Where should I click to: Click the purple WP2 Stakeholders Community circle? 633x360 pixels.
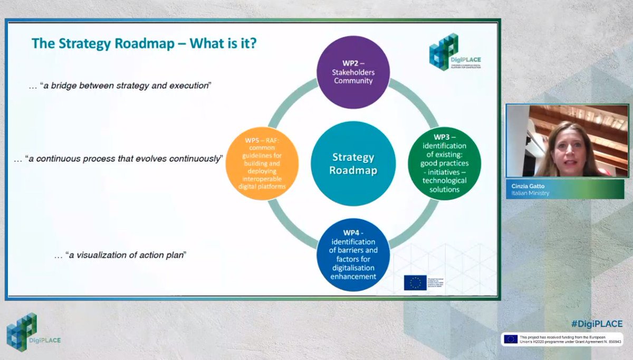coord(353,72)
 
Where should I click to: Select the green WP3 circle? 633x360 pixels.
coord(444,163)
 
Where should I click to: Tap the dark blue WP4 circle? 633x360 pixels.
coord(353,254)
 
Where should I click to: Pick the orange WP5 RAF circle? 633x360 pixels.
coord(262,164)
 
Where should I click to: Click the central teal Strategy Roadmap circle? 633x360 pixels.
coord(353,164)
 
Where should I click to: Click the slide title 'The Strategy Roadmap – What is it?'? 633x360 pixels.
coord(144,43)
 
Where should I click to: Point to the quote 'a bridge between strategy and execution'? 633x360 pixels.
coord(124,85)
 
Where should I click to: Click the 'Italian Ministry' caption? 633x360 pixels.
coord(531,193)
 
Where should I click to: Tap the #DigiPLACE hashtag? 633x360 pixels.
coord(597,324)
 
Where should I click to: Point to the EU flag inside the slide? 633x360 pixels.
coord(415,282)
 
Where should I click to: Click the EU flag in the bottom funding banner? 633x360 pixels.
coord(510,339)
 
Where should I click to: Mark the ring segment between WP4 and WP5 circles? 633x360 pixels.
coord(291,227)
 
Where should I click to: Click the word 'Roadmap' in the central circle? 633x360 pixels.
coord(353,170)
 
